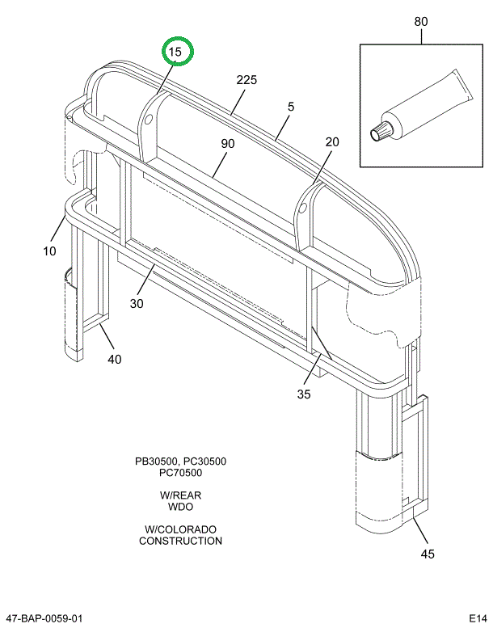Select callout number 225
click(x=247, y=80)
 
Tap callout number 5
click(x=290, y=107)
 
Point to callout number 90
click(x=227, y=144)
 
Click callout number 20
click(x=332, y=142)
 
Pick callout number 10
click(x=49, y=251)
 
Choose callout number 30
click(x=137, y=304)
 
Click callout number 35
click(x=304, y=394)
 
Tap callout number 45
click(x=428, y=554)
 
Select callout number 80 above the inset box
click(x=421, y=22)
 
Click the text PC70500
click(x=180, y=474)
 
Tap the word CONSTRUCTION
click(x=180, y=541)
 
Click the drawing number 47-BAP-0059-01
click(x=43, y=618)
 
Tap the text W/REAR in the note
click(x=180, y=495)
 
